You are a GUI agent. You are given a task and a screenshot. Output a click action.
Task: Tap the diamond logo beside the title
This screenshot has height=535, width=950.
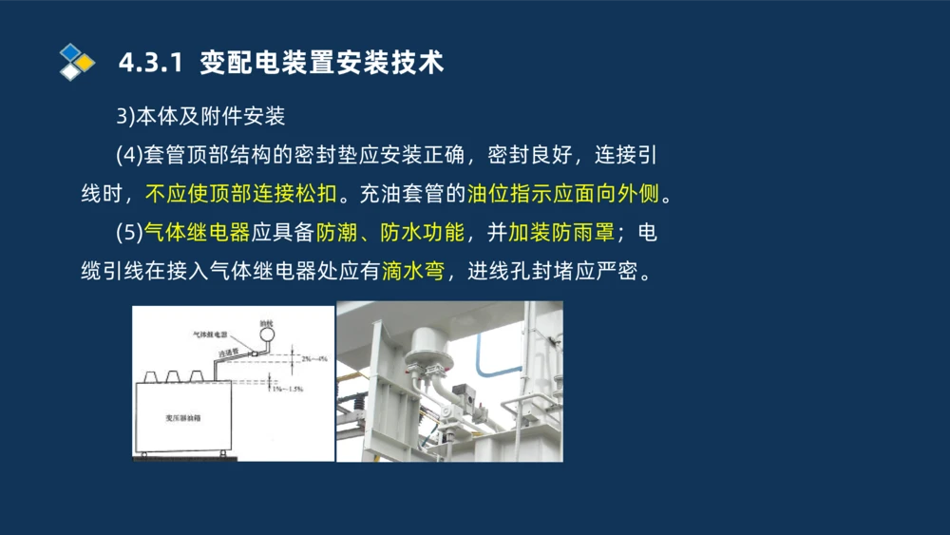pyautogui.click(x=77, y=62)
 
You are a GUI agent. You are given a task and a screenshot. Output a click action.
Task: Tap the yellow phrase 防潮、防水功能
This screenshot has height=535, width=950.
pyautogui.click(x=390, y=234)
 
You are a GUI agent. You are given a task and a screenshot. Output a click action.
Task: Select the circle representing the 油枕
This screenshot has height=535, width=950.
pyautogui.click(x=267, y=335)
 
